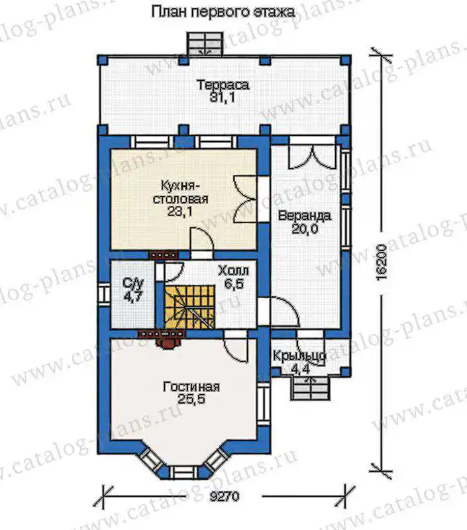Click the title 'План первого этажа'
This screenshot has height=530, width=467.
tap(223, 12)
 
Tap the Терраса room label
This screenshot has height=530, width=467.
tap(223, 85)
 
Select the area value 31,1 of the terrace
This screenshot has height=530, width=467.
tap(223, 98)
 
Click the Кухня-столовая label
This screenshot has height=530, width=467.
tap(180, 192)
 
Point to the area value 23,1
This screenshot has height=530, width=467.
tap(180, 212)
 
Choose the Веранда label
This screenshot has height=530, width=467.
tap(305, 216)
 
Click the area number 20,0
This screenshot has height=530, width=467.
tap(305, 229)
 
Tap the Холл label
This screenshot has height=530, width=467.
tap(233, 271)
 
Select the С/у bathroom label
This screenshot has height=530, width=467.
tap(133, 284)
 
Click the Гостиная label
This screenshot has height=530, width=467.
tap(191, 386)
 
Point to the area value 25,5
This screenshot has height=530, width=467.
tap(191, 399)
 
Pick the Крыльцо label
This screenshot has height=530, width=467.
tap(299, 356)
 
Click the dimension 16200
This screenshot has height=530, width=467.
tap(381, 262)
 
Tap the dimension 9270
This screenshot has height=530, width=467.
tap(224, 496)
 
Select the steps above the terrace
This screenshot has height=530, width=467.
tap(206, 43)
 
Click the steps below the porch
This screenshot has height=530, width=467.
tap(311, 389)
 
